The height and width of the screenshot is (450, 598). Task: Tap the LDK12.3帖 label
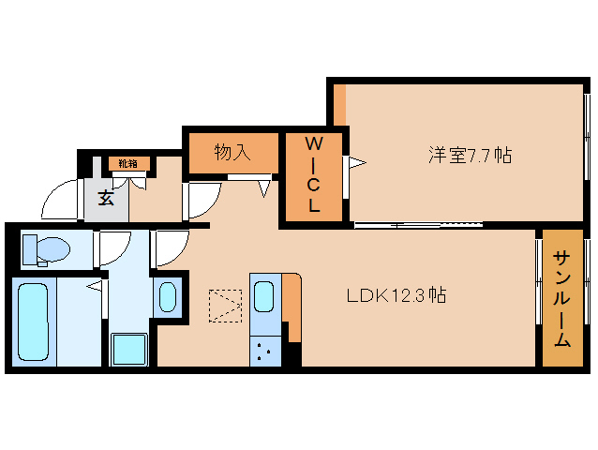point(396,296)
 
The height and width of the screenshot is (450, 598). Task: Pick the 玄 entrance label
point(106,198)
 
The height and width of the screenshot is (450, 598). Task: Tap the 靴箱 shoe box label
point(127,164)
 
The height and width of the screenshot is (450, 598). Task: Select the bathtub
point(34,322)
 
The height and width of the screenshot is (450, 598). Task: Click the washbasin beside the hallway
point(169,297)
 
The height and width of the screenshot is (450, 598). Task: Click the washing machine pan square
point(129,350)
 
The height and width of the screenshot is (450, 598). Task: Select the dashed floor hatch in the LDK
point(224,305)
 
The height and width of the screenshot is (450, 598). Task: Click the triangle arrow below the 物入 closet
point(264,187)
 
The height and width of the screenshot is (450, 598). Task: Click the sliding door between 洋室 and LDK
point(417,225)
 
